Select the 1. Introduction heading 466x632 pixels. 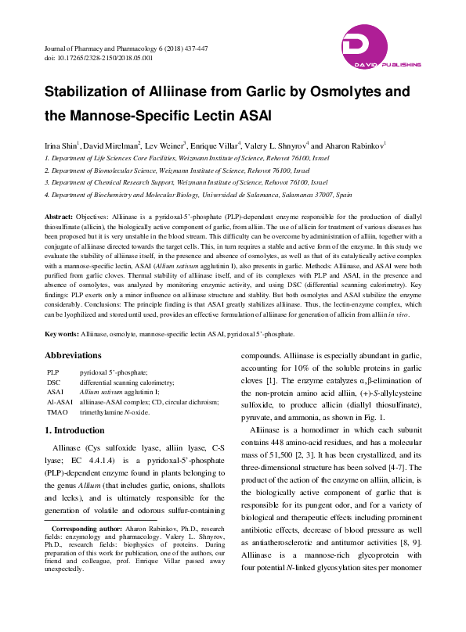(x=74, y=430)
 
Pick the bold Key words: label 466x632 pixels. (x=62, y=334)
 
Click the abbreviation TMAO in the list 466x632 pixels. (x=57, y=411)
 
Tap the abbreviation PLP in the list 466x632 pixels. (x=53, y=372)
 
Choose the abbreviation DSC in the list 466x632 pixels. (x=54, y=382)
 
